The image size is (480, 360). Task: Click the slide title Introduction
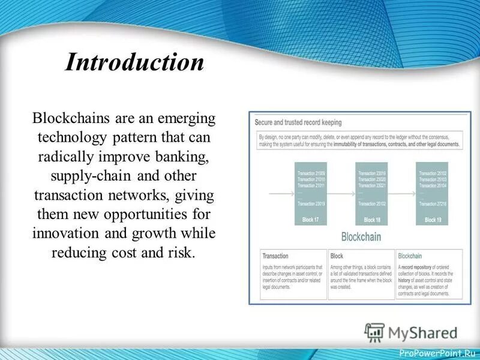click(134, 62)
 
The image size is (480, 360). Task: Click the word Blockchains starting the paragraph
click(68, 118)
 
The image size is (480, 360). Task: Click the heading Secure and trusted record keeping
click(298, 122)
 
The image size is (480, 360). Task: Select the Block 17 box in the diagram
click(311, 193)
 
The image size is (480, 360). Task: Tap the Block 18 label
click(371, 220)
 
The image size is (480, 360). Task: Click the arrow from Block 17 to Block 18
click(341, 194)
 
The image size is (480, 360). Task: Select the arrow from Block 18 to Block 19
click(401, 194)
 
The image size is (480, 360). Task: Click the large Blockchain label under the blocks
click(370, 236)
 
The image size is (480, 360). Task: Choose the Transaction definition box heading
click(275, 256)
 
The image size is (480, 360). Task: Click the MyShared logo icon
click(374, 331)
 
